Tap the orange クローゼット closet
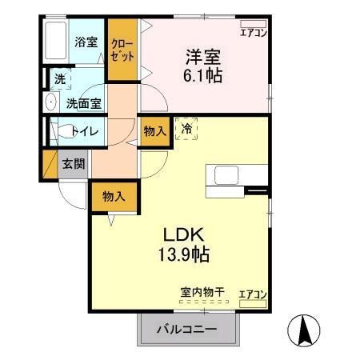click(x=122, y=49)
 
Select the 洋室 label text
click(x=202, y=58)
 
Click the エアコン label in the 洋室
click(x=254, y=32)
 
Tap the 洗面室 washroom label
click(x=83, y=102)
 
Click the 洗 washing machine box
click(x=58, y=79)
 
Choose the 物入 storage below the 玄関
click(x=114, y=196)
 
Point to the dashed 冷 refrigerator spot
click(x=186, y=128)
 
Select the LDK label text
click(x=187, y=236)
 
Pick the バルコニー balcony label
click(x=186, y=330)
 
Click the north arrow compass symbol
click(x=306, y=330)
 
